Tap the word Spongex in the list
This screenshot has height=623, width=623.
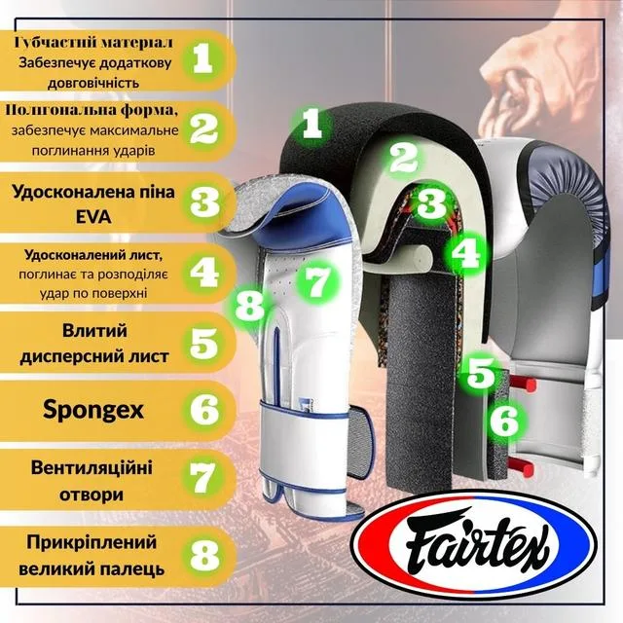coord(93,410)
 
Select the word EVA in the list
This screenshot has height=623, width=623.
coord(94,217)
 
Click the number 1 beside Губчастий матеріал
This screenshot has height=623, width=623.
coord(202,58)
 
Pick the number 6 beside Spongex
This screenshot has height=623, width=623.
coord(204,410)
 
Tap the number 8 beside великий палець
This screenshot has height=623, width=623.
coord(204,553)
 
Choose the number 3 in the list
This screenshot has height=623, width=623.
coord(204,203)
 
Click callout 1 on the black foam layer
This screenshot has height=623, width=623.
coord(311,124)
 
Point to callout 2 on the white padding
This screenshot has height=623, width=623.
coord(402,159)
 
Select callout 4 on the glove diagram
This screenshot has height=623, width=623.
coord(466,253)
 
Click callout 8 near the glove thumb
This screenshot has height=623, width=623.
coord(249,307)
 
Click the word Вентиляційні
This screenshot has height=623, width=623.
coord(92,467)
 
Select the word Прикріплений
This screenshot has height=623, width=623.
coord(92,543)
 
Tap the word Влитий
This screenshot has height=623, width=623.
coord(94,331)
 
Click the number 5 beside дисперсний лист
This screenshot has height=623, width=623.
coord(204,343)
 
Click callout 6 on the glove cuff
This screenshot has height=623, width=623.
coord(504,421)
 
